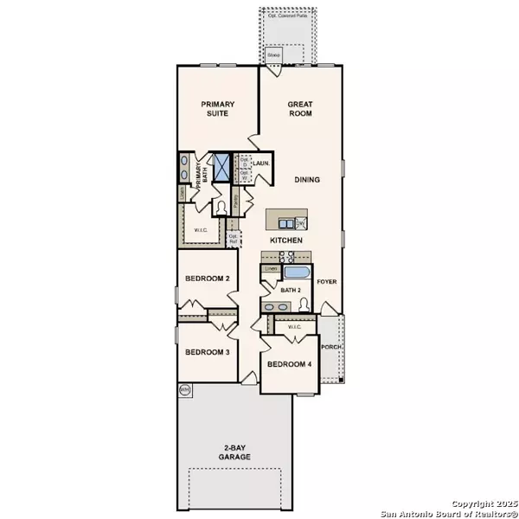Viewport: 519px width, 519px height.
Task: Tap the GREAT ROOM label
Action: [301, 109]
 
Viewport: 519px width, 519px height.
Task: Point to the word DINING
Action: [306, 180]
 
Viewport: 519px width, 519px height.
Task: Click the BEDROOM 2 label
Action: [207, 279]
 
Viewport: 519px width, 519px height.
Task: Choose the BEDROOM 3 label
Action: [207, 352]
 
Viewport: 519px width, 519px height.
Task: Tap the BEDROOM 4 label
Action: [289, 364]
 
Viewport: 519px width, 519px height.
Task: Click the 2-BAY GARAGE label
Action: [234, 452]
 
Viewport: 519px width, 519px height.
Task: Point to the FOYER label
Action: [327, 282]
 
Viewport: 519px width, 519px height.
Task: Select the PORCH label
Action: [332, 348]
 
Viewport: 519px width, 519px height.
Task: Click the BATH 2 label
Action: [292, 291]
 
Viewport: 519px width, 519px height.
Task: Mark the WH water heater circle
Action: [184, 390]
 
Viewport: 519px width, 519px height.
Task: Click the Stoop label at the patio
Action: [273, 55]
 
